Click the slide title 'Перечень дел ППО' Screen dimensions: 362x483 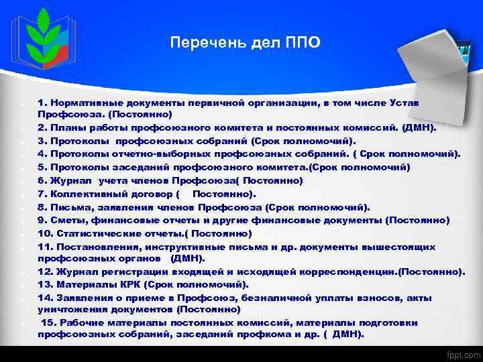click(245, 44)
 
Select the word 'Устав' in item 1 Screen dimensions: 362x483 click(404, 102)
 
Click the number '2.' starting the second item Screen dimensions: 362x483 click(43, 128)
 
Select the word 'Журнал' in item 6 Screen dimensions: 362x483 click(75, 180)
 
